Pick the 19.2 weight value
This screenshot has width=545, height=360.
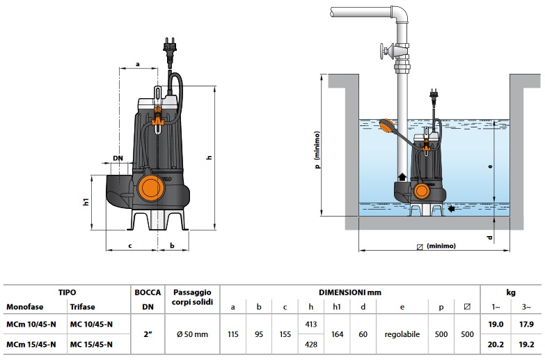(527, 344)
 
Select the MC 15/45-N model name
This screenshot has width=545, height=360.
(91, 344)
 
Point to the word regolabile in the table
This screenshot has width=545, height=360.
(402, 334)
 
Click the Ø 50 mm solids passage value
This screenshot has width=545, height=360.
(191, 334)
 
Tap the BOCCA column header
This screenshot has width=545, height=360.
(148, 293)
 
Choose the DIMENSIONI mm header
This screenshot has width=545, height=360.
(349, 293)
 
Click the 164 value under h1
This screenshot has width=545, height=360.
(337, 334)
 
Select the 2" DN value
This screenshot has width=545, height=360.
(148, 334)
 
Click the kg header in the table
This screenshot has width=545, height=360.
(512, 293)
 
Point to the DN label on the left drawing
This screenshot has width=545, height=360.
(118, 159)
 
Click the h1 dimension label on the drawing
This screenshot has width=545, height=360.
(86, 202)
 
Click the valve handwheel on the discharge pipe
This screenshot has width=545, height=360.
(381, 51)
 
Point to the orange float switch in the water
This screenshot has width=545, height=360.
(386, 127)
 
